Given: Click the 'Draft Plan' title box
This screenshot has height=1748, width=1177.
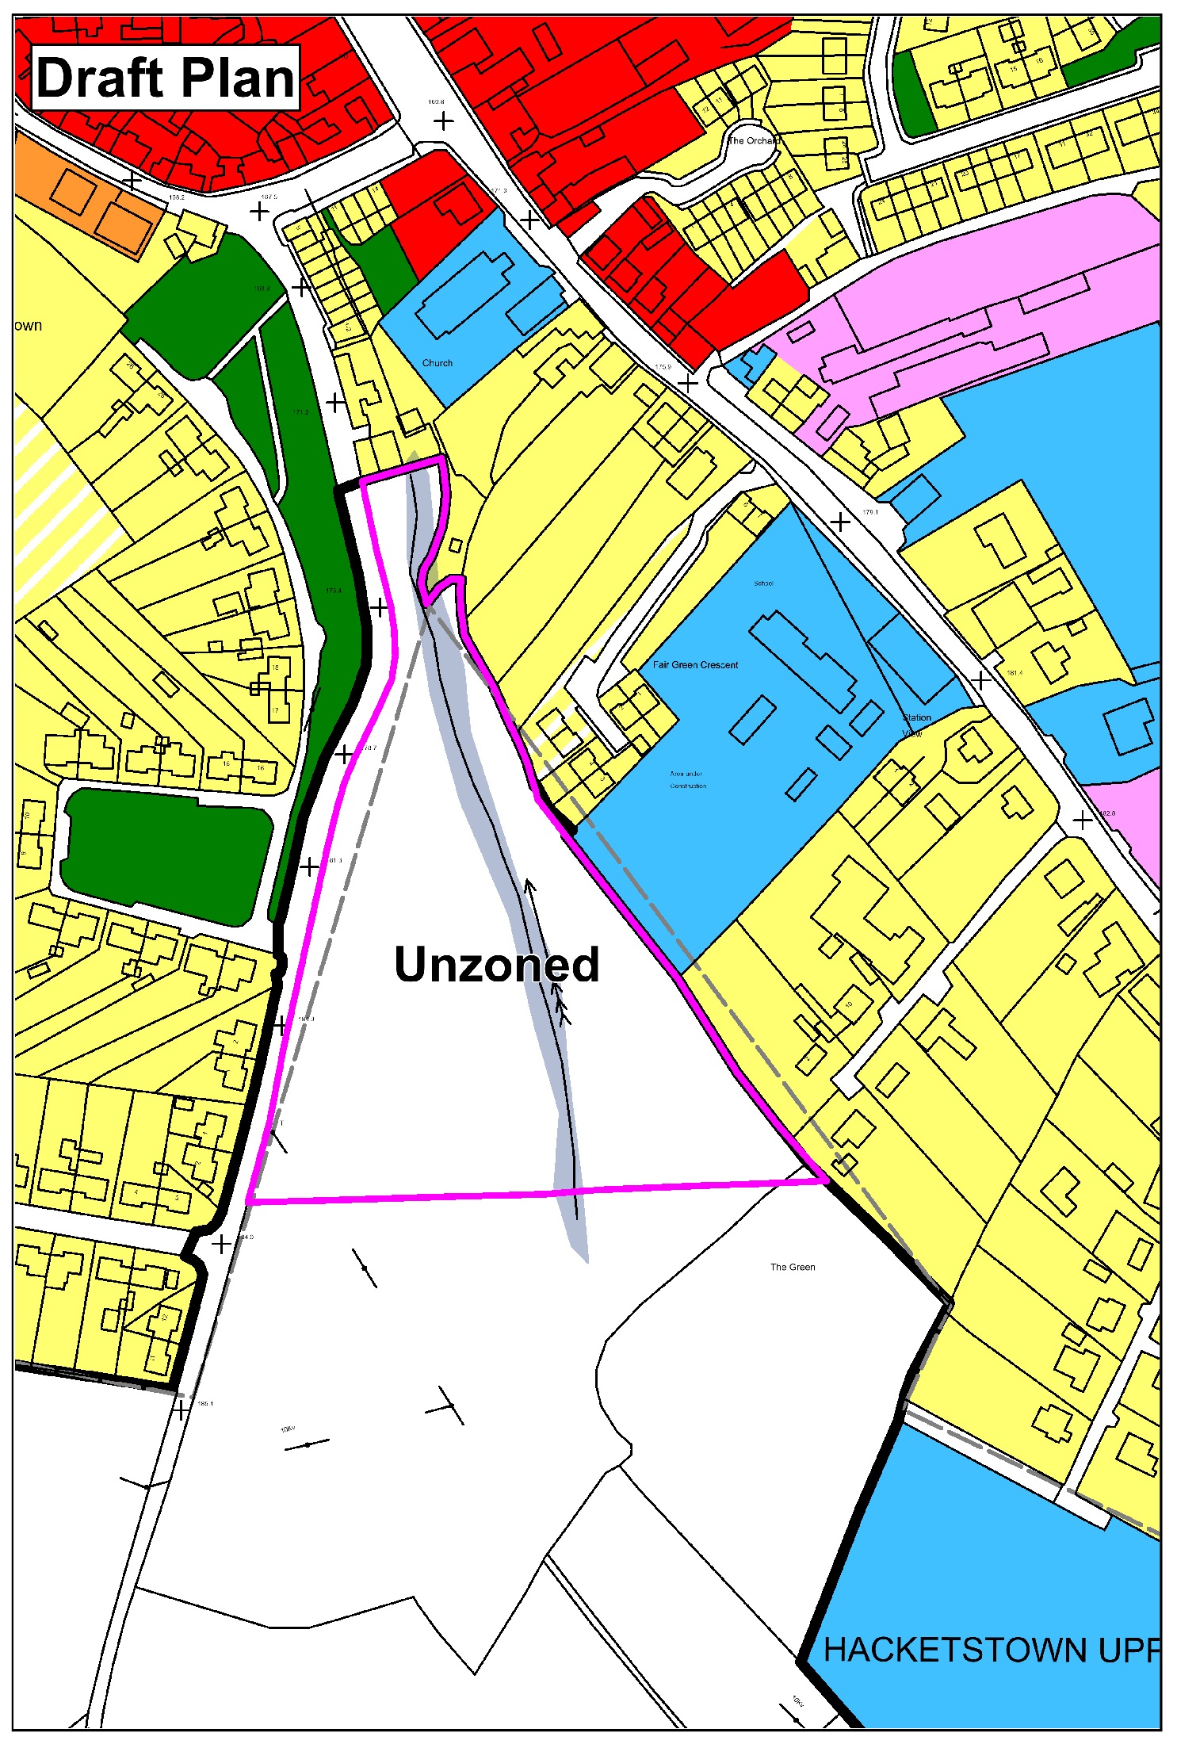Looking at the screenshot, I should click(165, 78).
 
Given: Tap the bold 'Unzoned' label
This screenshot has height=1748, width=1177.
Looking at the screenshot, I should click(496, 964).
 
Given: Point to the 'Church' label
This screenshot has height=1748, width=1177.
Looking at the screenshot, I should click(437, 363).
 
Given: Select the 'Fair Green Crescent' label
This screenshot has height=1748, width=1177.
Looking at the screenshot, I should click(695, 665).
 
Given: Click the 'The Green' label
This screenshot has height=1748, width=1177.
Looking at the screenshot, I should click(793, 1267).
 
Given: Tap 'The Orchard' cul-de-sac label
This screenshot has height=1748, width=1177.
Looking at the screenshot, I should click(753, 140).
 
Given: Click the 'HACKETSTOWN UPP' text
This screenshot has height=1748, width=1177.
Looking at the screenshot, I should click(991, 1650).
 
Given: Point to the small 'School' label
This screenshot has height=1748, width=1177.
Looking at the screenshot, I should click(763, 583).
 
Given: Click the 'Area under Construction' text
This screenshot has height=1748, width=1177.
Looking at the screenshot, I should click(687, 780).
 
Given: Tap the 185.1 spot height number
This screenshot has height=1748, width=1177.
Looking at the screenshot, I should click(204, 1404).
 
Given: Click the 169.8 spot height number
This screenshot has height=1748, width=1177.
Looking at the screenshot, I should click(436, 102).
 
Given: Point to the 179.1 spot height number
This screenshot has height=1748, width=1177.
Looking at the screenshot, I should click(870, 512).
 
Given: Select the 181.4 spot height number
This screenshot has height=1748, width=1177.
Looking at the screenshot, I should click(1015, 673).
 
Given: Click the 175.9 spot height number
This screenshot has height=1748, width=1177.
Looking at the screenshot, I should click(663, 367).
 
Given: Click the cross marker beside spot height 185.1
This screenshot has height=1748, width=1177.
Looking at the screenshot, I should click(182, 1410).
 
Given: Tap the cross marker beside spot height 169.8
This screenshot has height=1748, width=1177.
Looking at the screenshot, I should click(444, 121).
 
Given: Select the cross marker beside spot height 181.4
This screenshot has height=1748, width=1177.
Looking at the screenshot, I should click(982, 680).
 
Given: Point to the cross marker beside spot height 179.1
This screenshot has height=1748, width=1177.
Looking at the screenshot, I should click(841, 522).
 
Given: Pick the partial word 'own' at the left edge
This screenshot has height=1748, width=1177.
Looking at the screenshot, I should click(28, 326).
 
